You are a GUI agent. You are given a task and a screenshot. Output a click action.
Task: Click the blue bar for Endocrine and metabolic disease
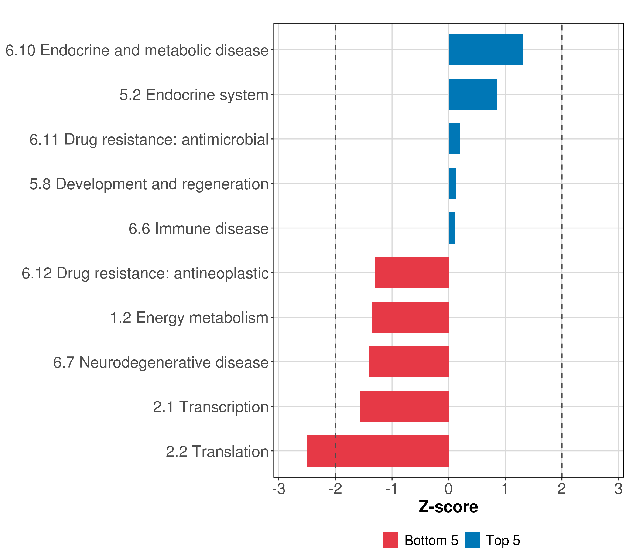[x=485, y=50]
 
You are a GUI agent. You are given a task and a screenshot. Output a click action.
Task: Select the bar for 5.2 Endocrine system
[x=473, y=95]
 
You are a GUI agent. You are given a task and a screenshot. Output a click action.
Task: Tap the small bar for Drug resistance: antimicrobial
[x=454, y=139]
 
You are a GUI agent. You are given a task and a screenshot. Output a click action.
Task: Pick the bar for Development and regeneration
[x=452, y=184]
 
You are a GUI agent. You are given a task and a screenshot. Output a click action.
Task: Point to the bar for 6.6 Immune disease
[x=452, y=228]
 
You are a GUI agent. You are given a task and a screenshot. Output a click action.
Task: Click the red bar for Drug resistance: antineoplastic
[x=412, y=273]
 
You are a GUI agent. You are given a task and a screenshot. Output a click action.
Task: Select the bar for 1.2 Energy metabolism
[x=410, y=317]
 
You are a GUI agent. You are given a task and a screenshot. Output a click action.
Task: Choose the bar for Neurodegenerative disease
[x=409, y=362]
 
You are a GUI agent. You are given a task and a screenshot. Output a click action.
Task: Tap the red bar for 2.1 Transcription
[x=404, y=406]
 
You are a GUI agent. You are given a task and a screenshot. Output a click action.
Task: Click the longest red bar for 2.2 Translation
[x=378, y=451]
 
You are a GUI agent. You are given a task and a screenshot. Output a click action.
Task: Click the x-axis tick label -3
[x=279, y=489]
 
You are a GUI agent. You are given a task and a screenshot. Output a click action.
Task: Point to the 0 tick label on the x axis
[x=449, y=489]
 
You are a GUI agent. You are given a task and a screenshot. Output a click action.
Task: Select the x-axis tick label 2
[x=562, y=489]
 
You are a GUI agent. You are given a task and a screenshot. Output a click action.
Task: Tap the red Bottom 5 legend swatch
[x=390, y=540]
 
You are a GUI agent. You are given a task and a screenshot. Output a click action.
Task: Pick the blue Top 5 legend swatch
[x=472, y=540]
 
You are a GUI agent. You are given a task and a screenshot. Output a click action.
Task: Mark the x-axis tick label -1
[x=392, y=489]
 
